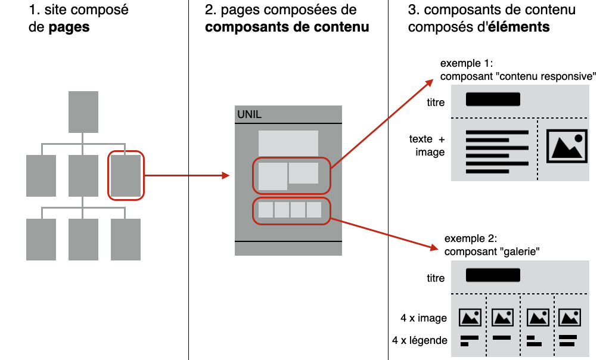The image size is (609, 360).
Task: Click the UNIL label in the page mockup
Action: (249, 114)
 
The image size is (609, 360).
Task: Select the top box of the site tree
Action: (83, 112)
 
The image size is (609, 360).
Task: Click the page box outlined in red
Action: (126, 175)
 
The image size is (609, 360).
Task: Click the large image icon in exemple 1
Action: (567, 146)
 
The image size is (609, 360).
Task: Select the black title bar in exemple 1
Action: (493, 100)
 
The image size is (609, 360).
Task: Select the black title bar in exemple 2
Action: (493, 275)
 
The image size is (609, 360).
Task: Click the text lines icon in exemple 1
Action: (497, 151)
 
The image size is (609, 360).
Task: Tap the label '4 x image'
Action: (424, 318)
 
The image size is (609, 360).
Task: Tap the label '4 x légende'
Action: (420, 340)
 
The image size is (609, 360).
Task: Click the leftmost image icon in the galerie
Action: (470, 317)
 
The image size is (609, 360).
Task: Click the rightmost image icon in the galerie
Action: (569, 317)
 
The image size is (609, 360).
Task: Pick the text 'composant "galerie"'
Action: (492, 252)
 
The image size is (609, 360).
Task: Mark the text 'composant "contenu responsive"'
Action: (518, 76)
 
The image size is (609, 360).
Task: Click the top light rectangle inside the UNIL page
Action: (288, 142)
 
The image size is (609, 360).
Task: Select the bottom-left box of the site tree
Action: (41, 240)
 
